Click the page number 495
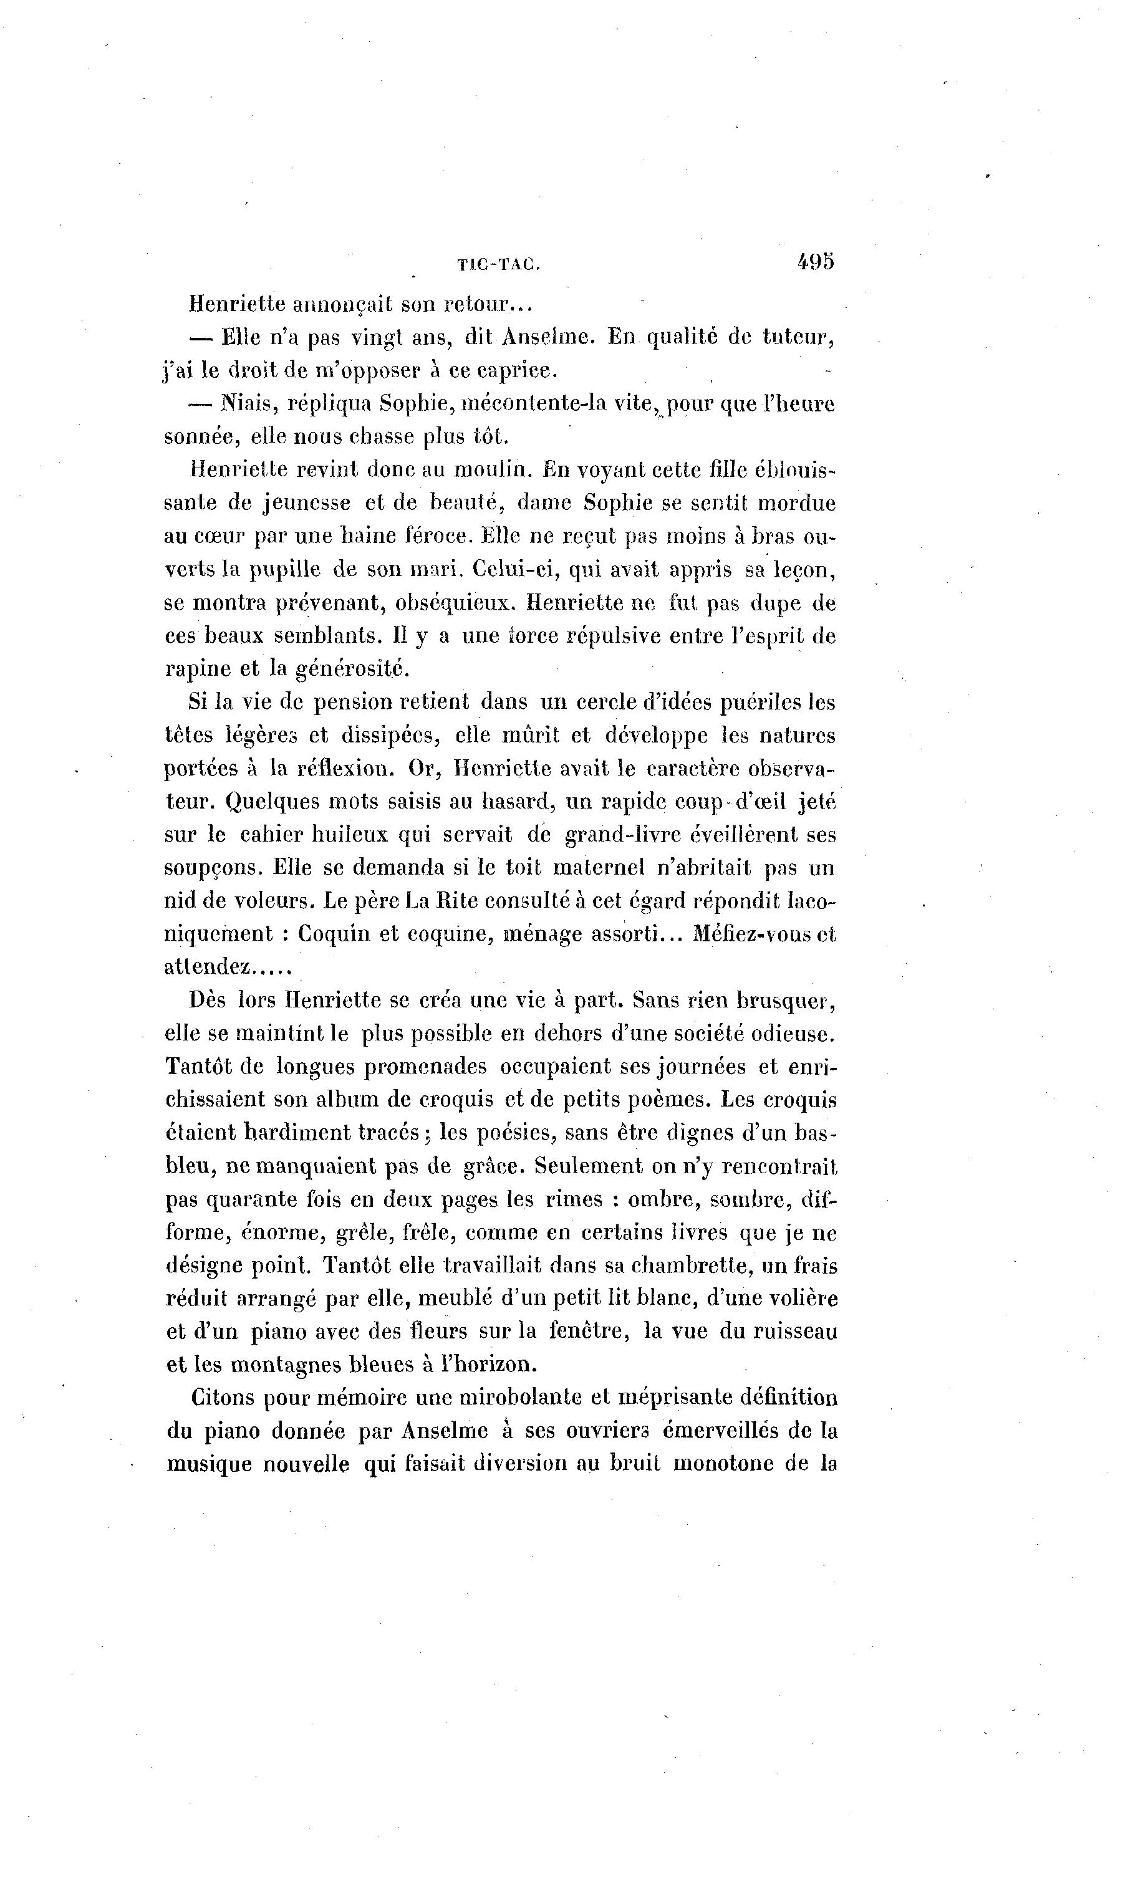point(815,262)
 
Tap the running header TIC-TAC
point(498,266)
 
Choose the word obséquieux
point(453,603)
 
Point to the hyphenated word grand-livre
point(620,835)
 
